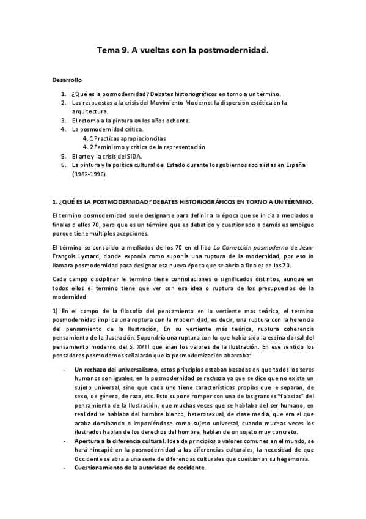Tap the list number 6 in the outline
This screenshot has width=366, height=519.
pyautogui.click(x=63, y=165)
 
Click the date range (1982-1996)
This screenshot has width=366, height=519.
pyautogui.click(x=89, y=174)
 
